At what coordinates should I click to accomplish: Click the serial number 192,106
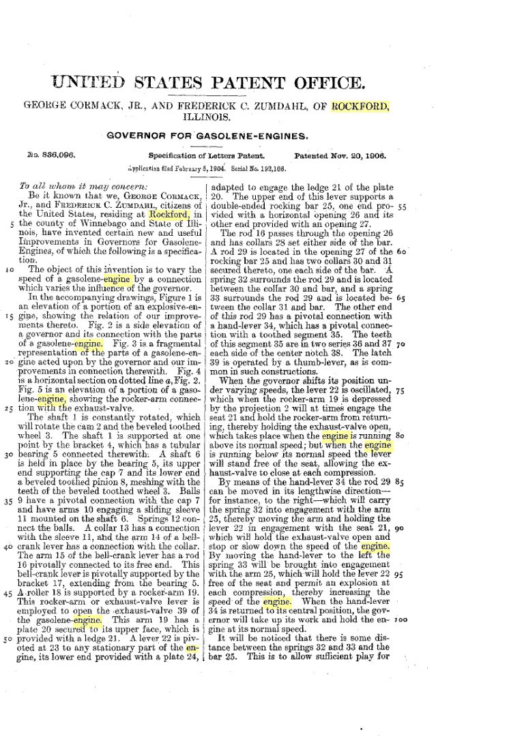tap(270, 167)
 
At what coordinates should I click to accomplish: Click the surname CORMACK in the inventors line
tap(100, 106)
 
